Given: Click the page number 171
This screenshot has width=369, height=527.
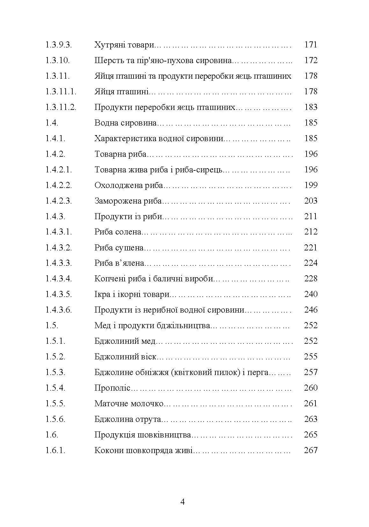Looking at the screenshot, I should click(311, 45).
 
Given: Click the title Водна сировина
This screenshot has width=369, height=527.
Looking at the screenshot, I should click(126, 123).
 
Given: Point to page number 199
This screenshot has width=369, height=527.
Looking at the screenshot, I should click(311, 185).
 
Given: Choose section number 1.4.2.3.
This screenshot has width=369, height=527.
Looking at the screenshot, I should click(59, 201).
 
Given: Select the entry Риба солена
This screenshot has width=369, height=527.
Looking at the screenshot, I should click(118, 232).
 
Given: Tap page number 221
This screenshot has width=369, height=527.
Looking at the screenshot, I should click(311, 248).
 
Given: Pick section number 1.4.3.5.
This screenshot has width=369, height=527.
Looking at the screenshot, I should click(59, 294).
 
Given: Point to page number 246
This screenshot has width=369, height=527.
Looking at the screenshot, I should click(311, 310).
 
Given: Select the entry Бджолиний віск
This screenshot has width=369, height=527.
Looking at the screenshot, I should click(126, 357).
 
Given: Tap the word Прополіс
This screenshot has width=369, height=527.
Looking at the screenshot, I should click(112, 388).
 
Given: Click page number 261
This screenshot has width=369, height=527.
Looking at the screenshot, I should click(311, 404).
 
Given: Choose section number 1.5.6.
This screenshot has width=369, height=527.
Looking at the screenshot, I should click(55, 419).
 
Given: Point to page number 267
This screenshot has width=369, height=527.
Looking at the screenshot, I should click(311, 451).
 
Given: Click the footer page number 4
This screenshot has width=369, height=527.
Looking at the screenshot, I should click(183, 502).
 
